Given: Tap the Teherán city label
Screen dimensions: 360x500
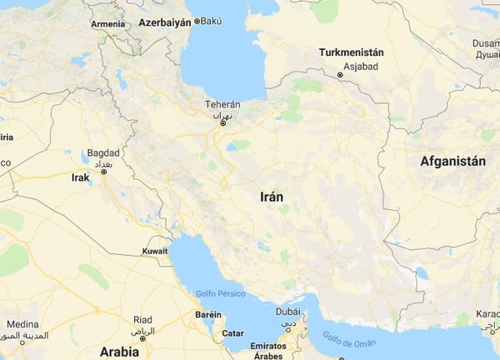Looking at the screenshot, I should (x=222, y=105).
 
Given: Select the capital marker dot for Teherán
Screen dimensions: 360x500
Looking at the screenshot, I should (x=222, y=123).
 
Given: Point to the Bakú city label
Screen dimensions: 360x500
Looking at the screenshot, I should (x=214, y=21).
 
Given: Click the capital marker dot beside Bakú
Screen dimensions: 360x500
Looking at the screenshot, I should (x=197, y=22).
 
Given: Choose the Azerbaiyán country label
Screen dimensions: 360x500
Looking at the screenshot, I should (x=163, y=21).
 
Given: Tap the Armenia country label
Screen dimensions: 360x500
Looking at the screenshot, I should (x=107, y=24).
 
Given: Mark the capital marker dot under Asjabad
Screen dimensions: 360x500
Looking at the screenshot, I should (x=340, y=76).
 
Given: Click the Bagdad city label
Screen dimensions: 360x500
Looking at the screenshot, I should (x=102, y=153).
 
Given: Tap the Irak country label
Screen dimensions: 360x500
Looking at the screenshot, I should (x=80, y=177).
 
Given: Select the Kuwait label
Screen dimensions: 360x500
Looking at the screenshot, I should (x=155, y=251).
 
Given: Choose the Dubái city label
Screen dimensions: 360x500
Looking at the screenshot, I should (x=287, y=311).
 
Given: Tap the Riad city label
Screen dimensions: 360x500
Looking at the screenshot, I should (x=142, y=319).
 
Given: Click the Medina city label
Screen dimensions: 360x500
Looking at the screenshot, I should (x=22, y=324).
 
